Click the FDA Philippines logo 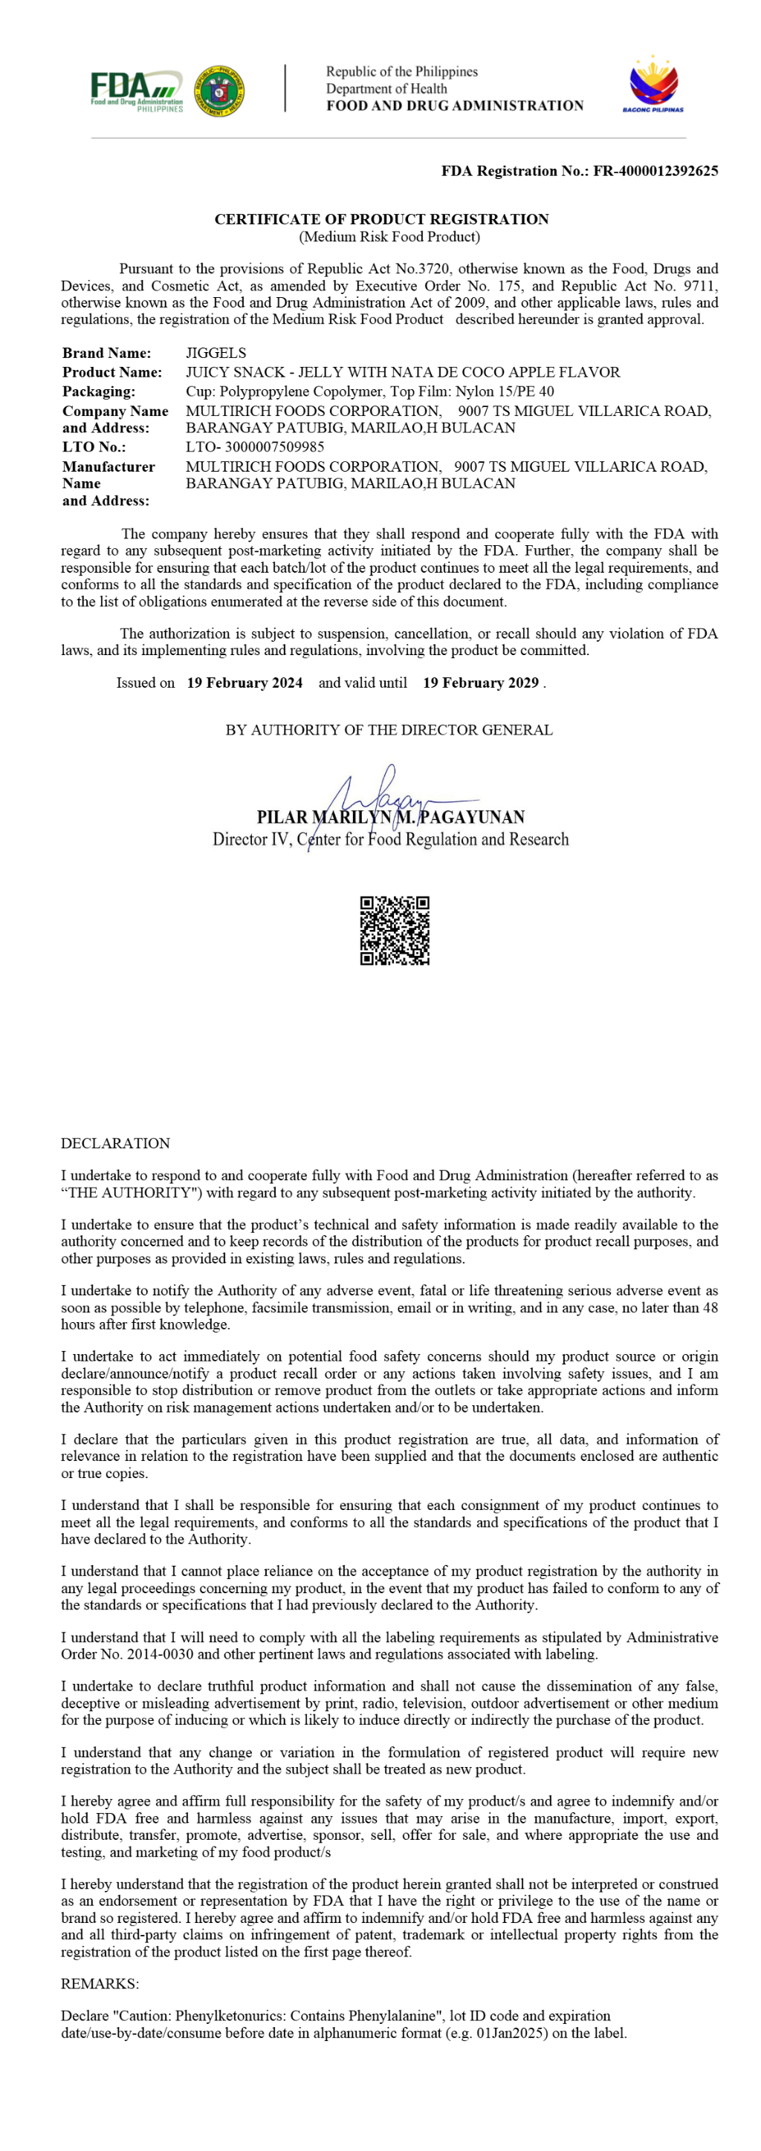[136, 90]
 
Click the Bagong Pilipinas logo [652, 85]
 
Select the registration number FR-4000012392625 [655, 171]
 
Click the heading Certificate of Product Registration [382, 220]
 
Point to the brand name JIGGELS [216, 354]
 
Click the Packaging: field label [99, 391]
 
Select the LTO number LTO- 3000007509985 [255, 446]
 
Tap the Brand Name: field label [106, 354]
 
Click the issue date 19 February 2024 [245, 683]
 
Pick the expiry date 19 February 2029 [480, 683]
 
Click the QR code [395, 930]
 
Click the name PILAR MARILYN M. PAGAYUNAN [391, 818]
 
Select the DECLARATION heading [115, 1143]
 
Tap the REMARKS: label [100, 1984]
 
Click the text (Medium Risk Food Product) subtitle [389, 237]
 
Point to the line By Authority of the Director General [389, 730]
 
